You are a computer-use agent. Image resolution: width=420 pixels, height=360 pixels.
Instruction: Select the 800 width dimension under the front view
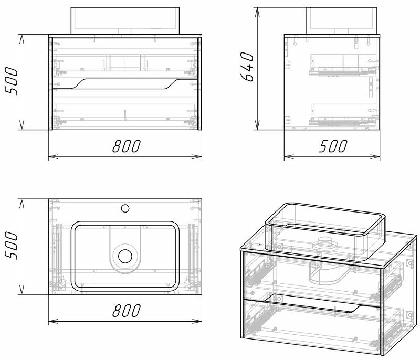point(125,146)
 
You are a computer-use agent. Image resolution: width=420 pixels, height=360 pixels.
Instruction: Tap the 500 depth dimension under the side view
point(332,146)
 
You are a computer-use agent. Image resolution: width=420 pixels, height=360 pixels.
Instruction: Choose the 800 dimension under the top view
point(125,312)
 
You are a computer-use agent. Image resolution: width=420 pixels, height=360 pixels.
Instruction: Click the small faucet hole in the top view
point(125,208)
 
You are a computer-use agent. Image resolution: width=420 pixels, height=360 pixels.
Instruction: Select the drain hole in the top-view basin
point(125,256)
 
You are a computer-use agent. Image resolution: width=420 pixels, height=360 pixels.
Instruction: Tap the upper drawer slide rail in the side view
point(336,69)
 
